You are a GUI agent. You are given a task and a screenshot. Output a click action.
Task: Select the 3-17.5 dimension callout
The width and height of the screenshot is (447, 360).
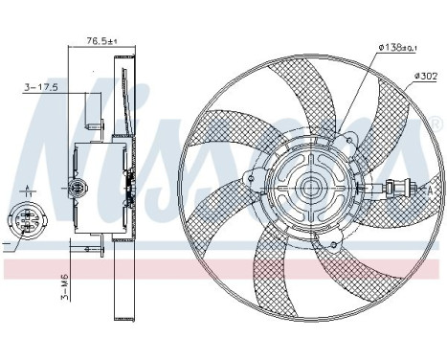41,89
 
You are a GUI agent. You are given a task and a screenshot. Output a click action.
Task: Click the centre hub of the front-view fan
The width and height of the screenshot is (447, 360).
311,187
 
